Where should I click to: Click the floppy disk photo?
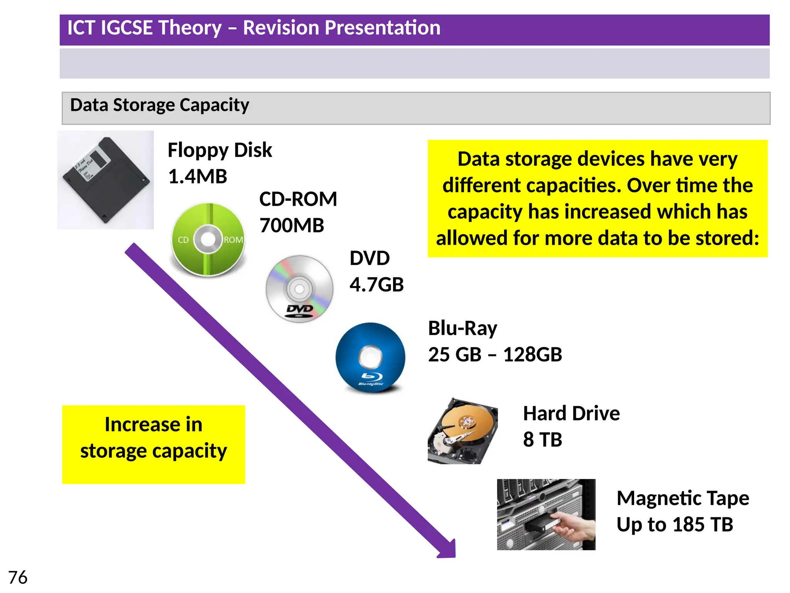coord(105,180)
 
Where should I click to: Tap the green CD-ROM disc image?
coord(208,239)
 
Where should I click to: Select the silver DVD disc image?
coord(299,288)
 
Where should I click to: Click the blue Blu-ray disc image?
coord(370,357)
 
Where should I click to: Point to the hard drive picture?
coord(463,431)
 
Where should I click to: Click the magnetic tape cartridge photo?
coord(546,514)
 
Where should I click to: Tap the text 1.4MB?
coord(197,177)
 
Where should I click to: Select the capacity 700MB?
coord(292,225)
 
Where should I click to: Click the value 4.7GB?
coord(376,285)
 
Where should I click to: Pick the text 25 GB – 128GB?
coord(495,354)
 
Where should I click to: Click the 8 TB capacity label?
coord(542,440)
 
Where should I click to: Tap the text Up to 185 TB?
coord(675,525)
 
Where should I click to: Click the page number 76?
coord(18,578)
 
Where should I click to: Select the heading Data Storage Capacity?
coord(160,105)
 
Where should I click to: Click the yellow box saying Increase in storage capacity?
coord(154,444)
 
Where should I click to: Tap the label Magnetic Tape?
coord(683,498)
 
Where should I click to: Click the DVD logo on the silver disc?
coord(300,310)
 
